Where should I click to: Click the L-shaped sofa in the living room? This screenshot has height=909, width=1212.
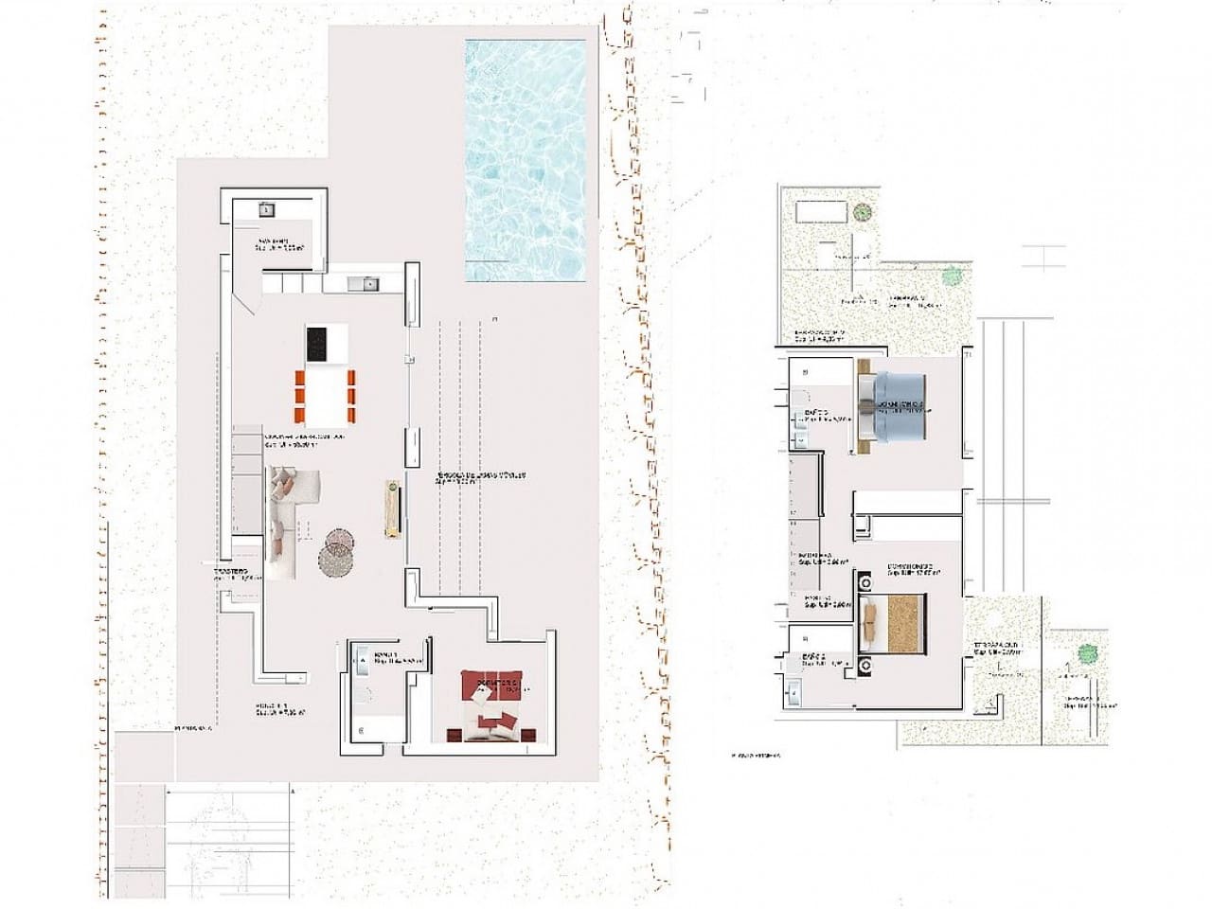[288, 516]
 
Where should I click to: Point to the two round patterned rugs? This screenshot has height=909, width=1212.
[335, 551]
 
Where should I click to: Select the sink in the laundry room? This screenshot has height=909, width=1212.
[267, 208]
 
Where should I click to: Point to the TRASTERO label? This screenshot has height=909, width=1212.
[230, 572]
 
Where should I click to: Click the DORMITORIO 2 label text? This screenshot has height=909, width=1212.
[911, 567]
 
